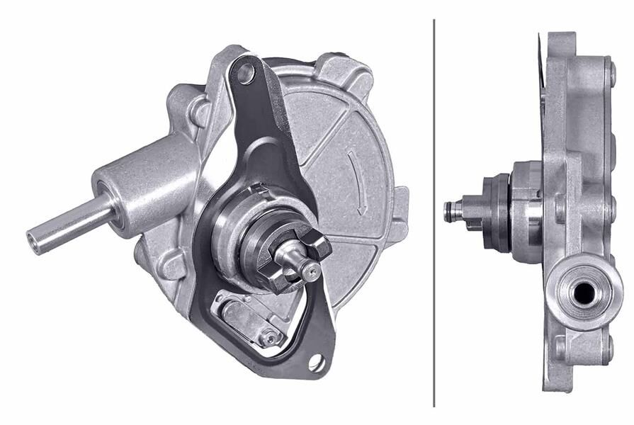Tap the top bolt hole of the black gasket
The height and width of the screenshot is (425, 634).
tap(246, 72)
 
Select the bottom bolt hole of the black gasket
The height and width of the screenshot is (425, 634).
tap(315, 363)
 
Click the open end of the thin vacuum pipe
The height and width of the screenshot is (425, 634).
tap(33, 239)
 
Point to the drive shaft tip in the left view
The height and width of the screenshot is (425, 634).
tap(308, 268)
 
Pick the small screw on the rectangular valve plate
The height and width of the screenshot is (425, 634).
tap(269, 338)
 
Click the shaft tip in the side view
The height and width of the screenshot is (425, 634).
tap(449, 210)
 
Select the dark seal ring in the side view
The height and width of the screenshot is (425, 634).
tap(496, 212)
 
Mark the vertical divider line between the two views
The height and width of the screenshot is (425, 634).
tap(434, 212)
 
